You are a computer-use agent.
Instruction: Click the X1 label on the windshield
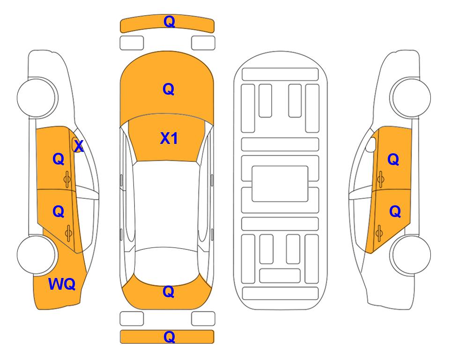coord(169,138)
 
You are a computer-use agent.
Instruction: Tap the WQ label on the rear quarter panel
coord(62,284)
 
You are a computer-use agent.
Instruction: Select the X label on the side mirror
coord(79,146)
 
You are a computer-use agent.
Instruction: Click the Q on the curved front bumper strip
coord(169,22)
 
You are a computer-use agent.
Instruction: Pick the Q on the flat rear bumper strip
coord(169,337)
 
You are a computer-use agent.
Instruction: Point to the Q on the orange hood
coord(169,89)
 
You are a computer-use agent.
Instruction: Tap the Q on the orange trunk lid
coord(169,292)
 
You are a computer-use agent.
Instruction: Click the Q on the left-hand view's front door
coord(59,159)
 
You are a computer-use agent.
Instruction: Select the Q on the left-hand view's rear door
coord(59,212)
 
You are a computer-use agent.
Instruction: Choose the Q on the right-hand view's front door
coord(393,159)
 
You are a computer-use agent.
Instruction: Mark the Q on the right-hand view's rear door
coord(395,212)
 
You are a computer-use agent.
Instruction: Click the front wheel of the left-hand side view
coord(37,97)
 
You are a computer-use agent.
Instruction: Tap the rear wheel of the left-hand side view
coord(37,255)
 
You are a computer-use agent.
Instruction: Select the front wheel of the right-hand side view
coord(411,97)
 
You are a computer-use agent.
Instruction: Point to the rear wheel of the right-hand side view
coord(411,255)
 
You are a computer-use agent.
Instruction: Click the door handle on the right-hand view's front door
coord(380,179)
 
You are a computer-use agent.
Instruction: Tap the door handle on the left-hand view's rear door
coord(68,233)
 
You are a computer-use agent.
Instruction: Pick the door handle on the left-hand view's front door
coord(67,180)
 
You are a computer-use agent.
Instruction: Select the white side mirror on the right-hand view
coord(371,144)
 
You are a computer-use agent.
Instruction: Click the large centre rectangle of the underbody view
coord(280,184)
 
